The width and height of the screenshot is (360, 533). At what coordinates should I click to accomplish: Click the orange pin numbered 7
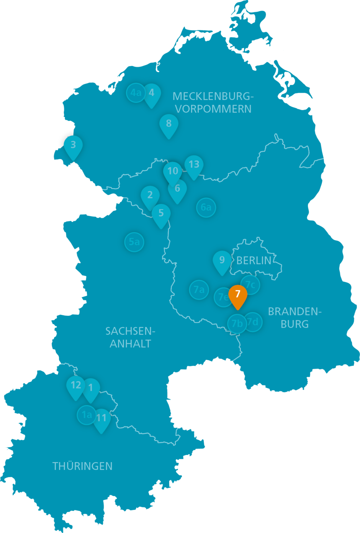pyautogui.click(x=238, y=295)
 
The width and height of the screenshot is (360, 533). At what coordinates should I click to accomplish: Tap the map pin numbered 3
pyautogui.click(x=73, y=146)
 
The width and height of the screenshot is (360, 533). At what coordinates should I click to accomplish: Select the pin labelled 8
pyautogui.click(x=169, y=124)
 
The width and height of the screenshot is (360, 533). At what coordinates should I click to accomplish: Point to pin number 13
pyautogui.click(x=194, y=165)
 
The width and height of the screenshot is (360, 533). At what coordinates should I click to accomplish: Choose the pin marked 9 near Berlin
pyautogui.click(x=222, y=261)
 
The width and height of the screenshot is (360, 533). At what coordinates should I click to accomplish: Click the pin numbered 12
pyautogui.click(x=76, y=385)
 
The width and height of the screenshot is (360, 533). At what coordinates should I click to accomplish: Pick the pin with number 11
pyautogui.click(x=101, y=418)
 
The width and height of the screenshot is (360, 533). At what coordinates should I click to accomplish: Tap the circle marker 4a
pyautogui.click(x=136, y=93)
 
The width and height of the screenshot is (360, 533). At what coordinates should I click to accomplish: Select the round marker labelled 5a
pyautogui.click(x=134, y=242)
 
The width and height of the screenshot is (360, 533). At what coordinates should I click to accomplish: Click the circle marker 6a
pyautogui.click(x=206, y=208)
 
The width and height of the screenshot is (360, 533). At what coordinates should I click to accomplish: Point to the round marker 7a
pyautogui.click(x=199, y=290)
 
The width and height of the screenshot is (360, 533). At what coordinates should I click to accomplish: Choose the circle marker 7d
pyautogui.click(x=253, y=322)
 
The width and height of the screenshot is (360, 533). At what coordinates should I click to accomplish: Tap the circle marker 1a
pyautogui.click(x=87, y=415)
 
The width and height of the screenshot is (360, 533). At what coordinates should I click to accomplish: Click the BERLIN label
pyautogui.click(x=254, y=261)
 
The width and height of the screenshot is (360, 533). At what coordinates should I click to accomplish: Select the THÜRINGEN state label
pyautogui.click(x=82, y=466)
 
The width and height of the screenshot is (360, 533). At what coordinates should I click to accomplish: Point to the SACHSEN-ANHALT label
pyautogui.click(x=130, y=337)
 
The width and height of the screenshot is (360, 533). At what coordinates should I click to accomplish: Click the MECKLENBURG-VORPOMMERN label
pyautogui.click(x=213, y=102)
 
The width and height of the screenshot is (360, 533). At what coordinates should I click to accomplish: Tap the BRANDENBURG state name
pyautogui.click(x=295, y=318)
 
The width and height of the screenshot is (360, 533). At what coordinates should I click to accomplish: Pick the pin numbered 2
pyautogui.click(x=150, y=195)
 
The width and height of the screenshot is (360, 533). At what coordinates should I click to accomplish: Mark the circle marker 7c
pyautogui.click(x=250, y=284)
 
